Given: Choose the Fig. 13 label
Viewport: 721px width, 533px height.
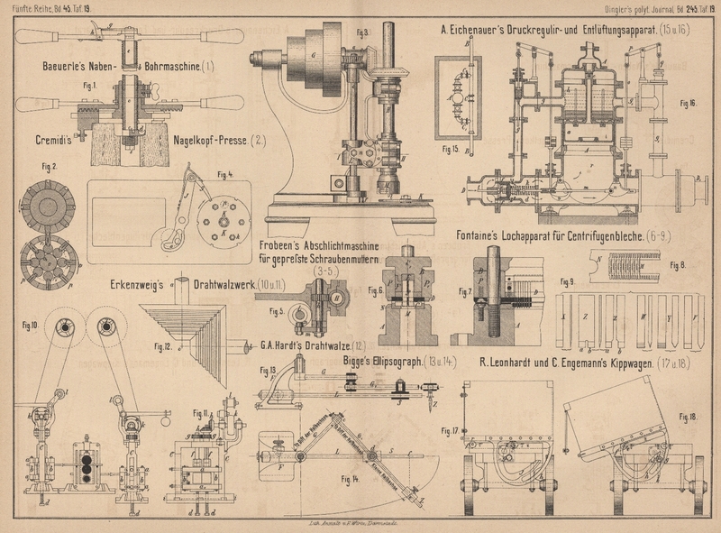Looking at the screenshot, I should coord(267,371).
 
